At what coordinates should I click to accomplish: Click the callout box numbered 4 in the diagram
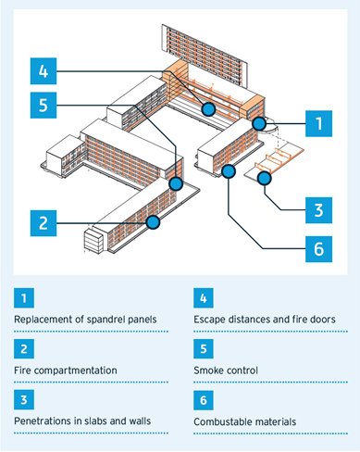click(43, 71)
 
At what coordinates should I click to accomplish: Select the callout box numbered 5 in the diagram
click(43, 105)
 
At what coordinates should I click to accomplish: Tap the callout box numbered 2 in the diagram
click(43, 223)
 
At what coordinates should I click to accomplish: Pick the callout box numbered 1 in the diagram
click(318, 123)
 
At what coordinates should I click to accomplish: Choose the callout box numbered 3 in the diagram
click(318, 210)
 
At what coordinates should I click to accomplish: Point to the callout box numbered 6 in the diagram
click(318, 249)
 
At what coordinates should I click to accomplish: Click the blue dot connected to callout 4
click(208, 109)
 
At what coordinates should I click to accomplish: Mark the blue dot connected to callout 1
click(259, 124)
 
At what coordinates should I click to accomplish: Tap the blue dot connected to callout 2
click(153, 222)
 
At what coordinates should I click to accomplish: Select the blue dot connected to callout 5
click(176, 184)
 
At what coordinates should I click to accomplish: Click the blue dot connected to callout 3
click(265, 178)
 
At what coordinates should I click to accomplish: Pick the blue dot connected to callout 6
click(229, 171)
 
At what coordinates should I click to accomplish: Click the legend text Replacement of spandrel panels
click(85, 320)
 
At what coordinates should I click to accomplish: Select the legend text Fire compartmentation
click(66, 370)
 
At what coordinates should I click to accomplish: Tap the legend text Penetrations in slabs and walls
click(82, 421)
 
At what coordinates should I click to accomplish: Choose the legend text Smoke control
click(226, 370)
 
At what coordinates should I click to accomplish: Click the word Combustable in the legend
click(218, 421)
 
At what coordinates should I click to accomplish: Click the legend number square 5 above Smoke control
click(204, 349)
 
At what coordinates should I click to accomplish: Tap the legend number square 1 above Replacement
click(24, 298)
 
